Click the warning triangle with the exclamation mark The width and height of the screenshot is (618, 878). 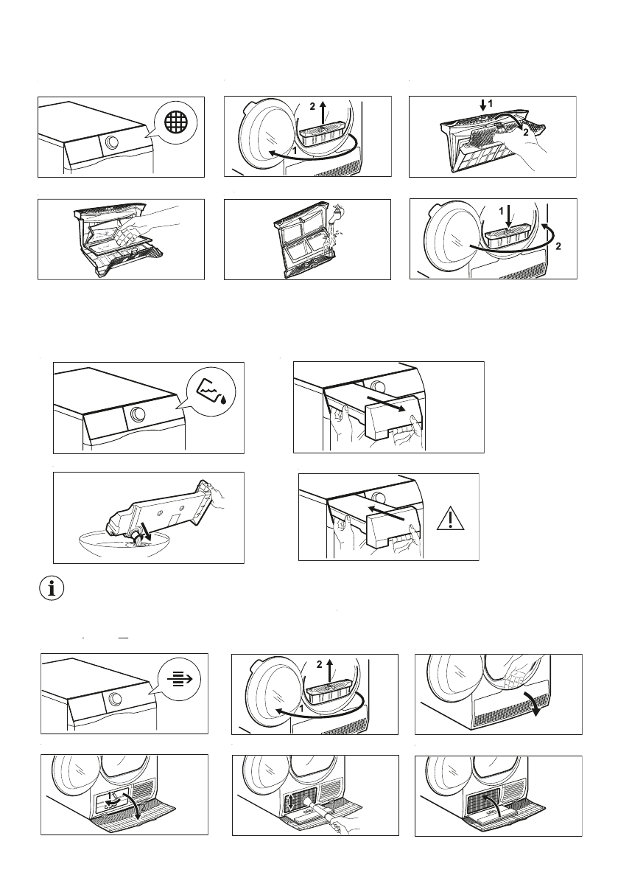tap(452, 520)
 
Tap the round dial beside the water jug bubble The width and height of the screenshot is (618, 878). tap(138, 414)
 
